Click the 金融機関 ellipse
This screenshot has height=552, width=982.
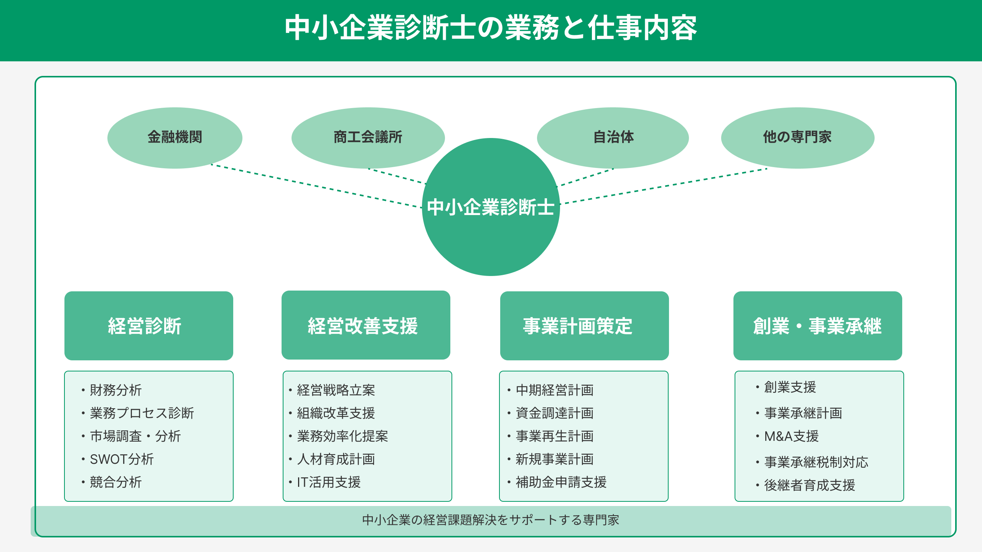(x=175, y=138)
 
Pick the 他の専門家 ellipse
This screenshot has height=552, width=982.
(x=798, y=138)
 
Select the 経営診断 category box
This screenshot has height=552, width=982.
(x=149, y=326)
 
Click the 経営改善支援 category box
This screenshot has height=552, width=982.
(x=366, y=325)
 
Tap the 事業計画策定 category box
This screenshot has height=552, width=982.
(x=585, y=326)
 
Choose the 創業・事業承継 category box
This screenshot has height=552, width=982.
(x=818, y=326)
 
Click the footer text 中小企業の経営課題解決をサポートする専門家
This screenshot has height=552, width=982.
(x=491, y=520)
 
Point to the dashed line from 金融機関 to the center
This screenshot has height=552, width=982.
(x=316, y=186)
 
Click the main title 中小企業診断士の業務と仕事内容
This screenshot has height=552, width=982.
(x=491, y=28)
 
